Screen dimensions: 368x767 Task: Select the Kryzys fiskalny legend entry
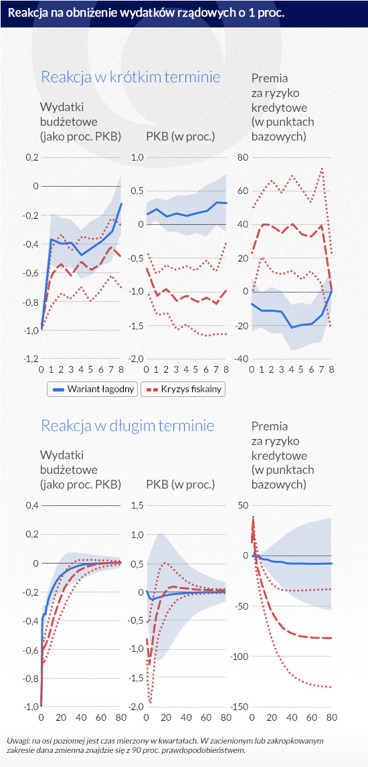[183, 390]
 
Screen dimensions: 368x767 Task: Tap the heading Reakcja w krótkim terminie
[130, 77]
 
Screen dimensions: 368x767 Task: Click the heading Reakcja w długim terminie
[128, 426]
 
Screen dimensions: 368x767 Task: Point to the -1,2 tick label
[30, 359]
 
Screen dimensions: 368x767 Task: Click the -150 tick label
[242, 707]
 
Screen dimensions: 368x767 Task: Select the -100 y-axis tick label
[242, 657]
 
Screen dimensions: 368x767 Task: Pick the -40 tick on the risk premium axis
[243, 359]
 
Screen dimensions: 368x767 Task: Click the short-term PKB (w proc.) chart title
[181, 137]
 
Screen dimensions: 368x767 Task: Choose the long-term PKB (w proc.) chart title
[181, 485]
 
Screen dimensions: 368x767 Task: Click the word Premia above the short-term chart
[269, 78]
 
